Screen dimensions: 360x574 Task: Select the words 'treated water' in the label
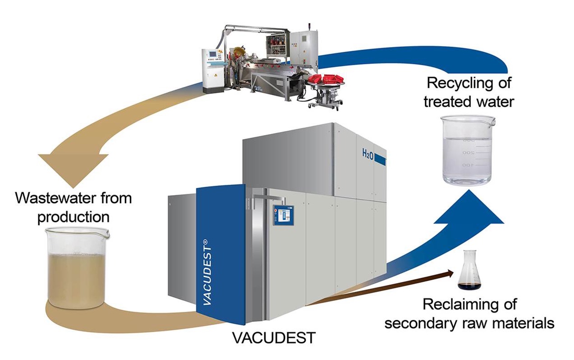click(x=469, y=101)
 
